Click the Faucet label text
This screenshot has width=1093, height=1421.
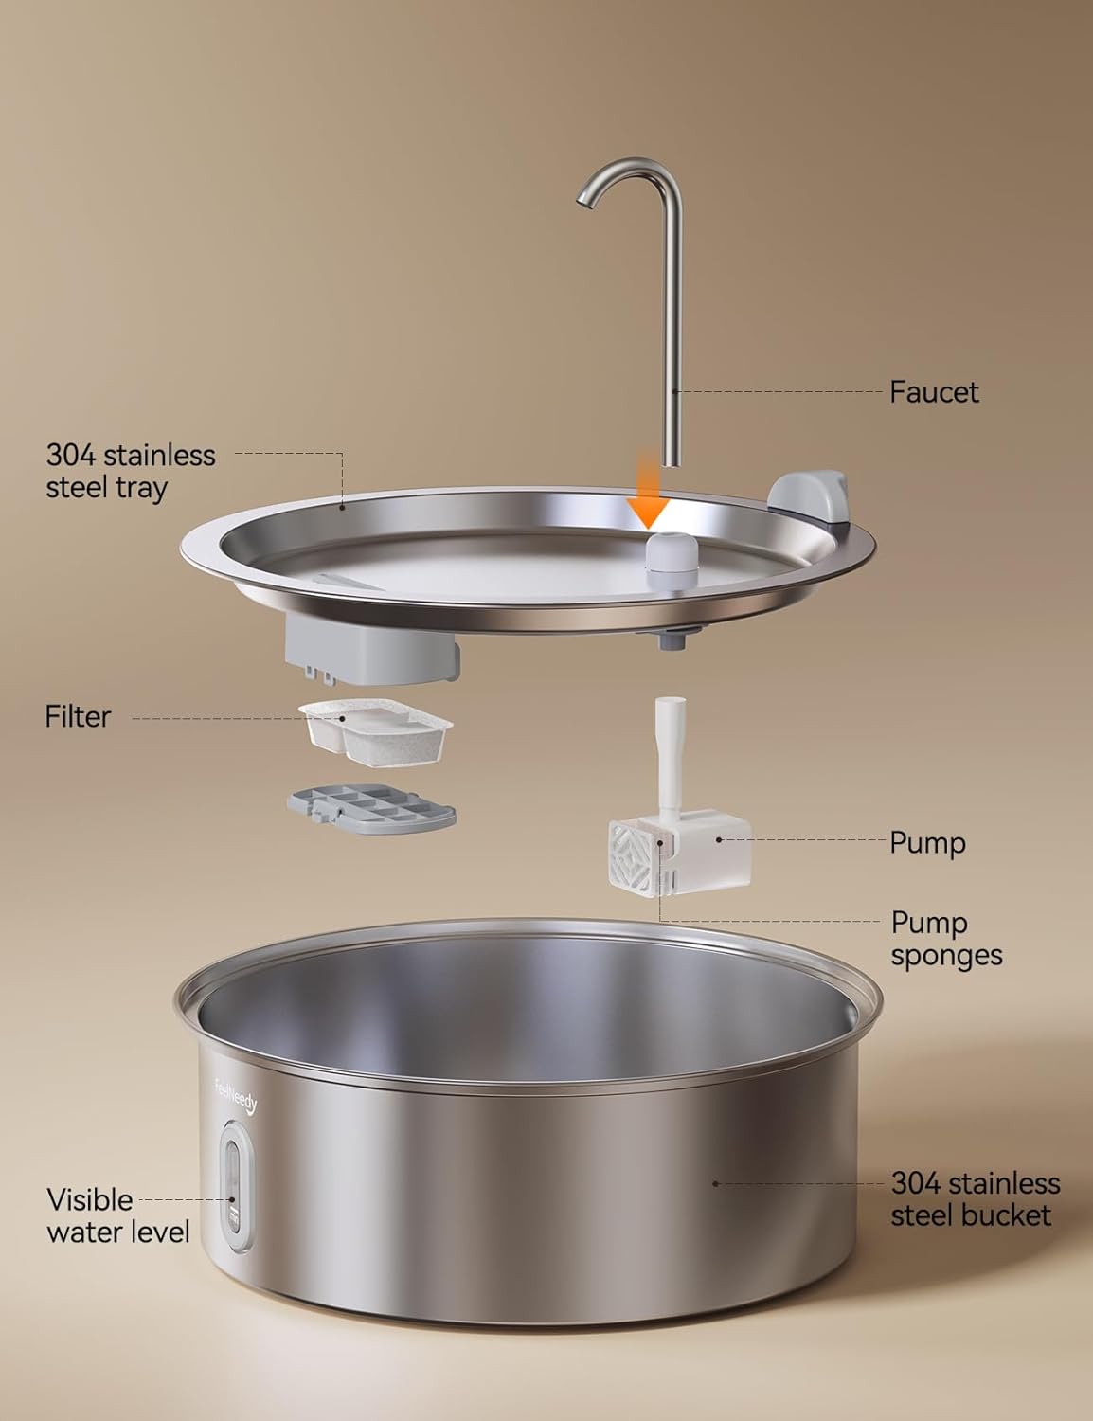pyautogui.click(x=933, y=391)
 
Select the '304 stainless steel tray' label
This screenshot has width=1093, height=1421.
pyautogui.click(x=131, y=471)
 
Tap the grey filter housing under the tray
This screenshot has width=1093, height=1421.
pyautogui.click(x=371, y=655)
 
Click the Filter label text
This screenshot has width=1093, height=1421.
pyautogui.click(x=78, y=716)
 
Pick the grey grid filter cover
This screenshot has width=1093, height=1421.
pyautogui.click(x=371, y=805)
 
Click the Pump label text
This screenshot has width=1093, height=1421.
pyautogui.click(x=927, y=842)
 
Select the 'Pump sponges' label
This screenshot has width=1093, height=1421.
pyautogui.click(x=945, y=938)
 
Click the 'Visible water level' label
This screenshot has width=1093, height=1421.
pyautogui.click(x=117, y=1215)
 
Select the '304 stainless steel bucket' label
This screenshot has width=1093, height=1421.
pyautogui.click(x=975, y=1198)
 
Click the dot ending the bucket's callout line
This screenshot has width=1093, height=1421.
pyautogui.click(x=715, y=1183)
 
